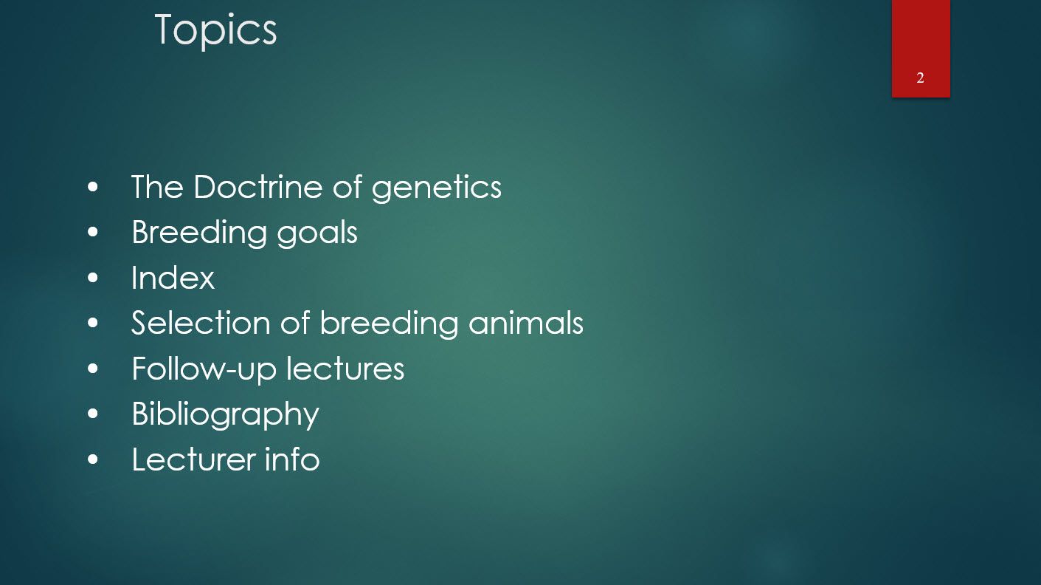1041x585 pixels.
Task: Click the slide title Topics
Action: tap(215, 30)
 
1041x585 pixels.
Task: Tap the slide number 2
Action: tap(920, 78)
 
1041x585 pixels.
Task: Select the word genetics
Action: tap(436, 188)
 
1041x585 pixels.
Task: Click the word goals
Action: tap(317, 233)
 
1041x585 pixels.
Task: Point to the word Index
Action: tap(173, 278)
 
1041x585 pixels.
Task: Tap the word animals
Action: tap(525, 323)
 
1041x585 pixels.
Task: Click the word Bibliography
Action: tap(225, 414)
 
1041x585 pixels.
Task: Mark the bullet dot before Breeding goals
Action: tap(92, 233)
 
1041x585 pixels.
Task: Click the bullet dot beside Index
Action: tap(92, 278)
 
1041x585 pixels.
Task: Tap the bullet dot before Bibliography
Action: tap(92, 414)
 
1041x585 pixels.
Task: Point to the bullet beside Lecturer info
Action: tap(92, 459)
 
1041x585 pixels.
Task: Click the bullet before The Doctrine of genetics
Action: tap(92, 187)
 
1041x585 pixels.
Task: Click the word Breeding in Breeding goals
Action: tap(199, 233)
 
